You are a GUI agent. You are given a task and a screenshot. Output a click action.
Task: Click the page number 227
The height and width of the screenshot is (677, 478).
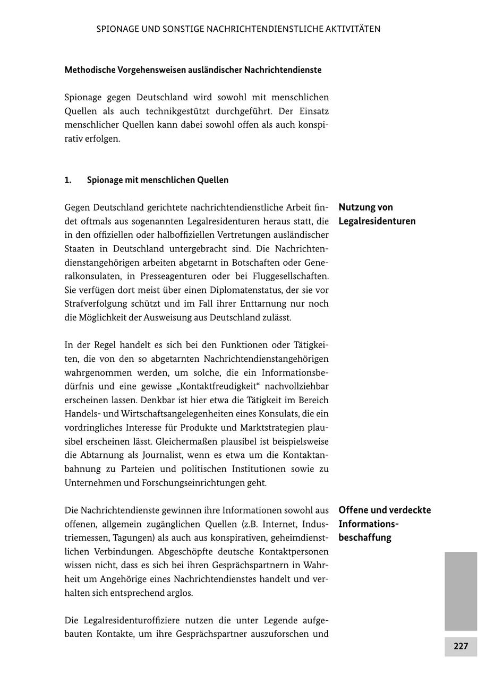point(460,646)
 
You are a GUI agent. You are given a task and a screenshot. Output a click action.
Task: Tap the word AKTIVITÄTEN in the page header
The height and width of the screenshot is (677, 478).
point(353,29)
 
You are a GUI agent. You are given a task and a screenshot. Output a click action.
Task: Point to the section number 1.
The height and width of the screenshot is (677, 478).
point(68,180)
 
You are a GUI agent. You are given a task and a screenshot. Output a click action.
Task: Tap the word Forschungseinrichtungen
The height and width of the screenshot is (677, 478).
point(204,483)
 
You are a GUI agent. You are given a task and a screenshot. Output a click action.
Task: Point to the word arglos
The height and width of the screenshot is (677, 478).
point(180,593)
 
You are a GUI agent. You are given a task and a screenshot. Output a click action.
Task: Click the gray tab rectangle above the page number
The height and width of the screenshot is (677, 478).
point(460,591)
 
